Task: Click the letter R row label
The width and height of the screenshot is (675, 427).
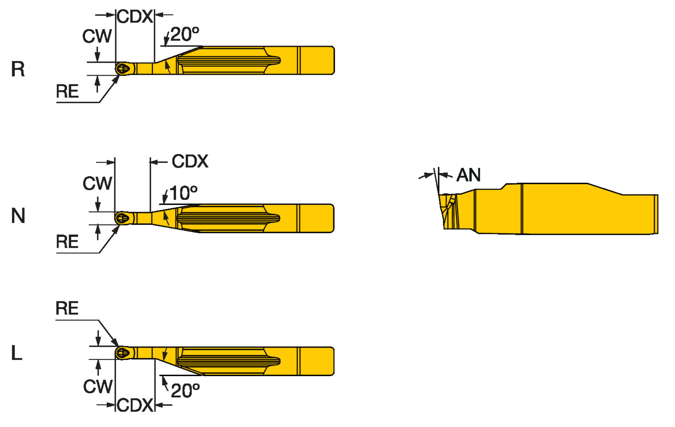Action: (x=18, y=69)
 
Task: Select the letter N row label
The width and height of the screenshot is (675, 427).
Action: (x=18, y=216)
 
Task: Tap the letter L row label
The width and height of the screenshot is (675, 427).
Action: (x=17, y=353)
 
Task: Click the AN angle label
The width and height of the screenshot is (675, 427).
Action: (x=468, y=175)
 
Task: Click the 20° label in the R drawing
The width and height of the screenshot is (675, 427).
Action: (x=184, y=34)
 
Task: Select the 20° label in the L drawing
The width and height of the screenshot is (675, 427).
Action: (x=185, y=390)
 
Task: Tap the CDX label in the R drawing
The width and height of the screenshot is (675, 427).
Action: (x=135, y=17)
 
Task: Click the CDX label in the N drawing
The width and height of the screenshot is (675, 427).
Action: (x=190, y=161)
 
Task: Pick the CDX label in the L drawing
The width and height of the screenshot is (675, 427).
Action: (x=135, y=405)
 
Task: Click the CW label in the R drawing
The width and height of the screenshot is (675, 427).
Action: (x=97, y=36)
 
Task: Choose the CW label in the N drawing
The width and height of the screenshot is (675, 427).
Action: (x=97, y=183)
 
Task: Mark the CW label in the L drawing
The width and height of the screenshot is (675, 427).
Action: (x=98, y=386)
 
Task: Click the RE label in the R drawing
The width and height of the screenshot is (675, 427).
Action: (x=67, y=91)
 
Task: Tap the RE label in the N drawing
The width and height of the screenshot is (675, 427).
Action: (x=67, y=242)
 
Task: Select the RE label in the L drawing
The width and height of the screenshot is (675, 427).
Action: (x=67, y=309)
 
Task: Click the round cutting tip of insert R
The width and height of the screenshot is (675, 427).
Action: (x=122, y=69)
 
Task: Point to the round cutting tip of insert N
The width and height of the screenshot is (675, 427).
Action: (x=122, y=218)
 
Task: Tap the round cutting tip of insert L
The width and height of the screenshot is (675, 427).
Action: (x=122, y=353)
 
